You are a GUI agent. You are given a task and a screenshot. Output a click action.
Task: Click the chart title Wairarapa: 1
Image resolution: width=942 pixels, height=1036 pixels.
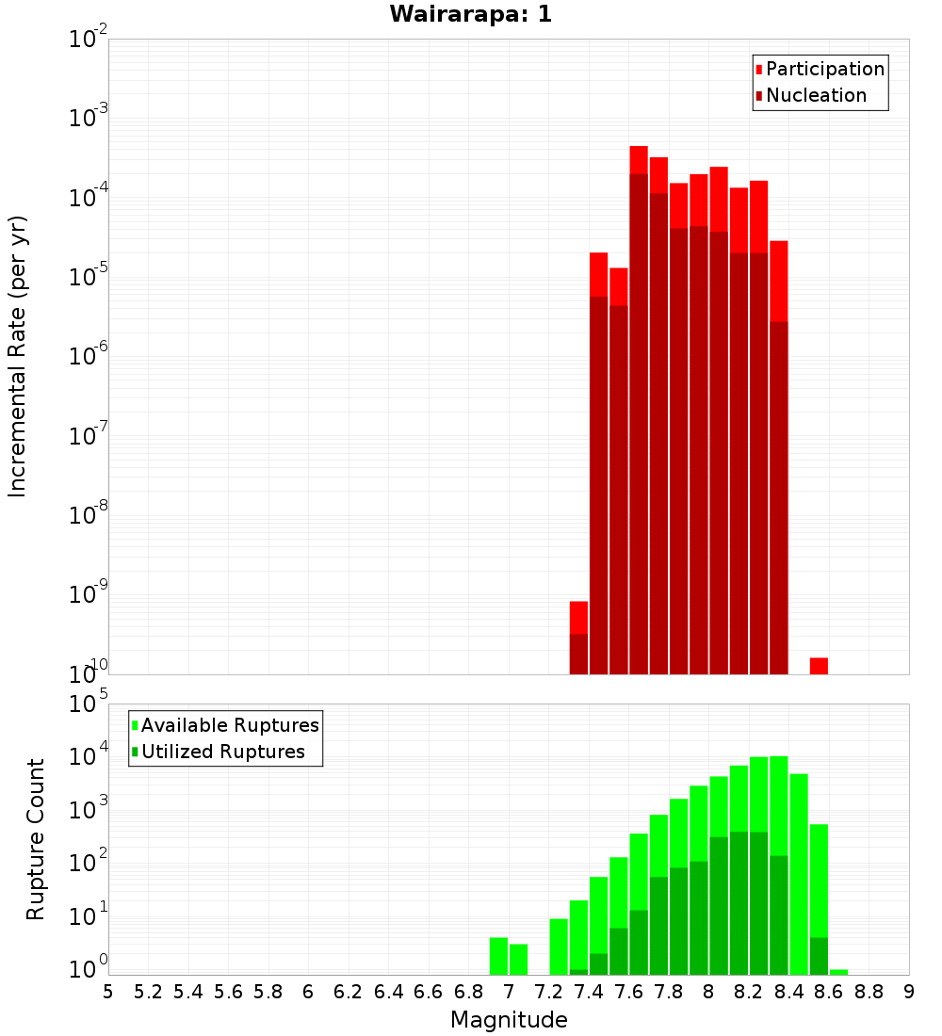click(x=471, y=14)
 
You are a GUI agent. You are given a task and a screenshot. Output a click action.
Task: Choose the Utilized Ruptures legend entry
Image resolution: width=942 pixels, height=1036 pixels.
click(x=222, y=752)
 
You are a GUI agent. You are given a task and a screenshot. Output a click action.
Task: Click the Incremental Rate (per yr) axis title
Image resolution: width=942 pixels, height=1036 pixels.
click(x=18, y=356)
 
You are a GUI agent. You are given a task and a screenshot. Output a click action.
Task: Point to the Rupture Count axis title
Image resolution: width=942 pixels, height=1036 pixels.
click(x=36, y=838)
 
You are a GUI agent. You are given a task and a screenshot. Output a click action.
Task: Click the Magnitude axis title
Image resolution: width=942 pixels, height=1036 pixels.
click(x=509, y=1019)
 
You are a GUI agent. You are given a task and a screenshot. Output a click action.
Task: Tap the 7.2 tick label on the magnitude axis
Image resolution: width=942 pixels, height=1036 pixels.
click(x=548, y=992)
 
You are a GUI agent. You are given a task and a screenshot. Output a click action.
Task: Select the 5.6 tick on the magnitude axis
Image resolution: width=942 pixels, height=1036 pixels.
click(x=228, y=992)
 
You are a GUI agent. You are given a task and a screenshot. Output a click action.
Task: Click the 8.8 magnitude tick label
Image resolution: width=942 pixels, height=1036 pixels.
click(x=869, y=992)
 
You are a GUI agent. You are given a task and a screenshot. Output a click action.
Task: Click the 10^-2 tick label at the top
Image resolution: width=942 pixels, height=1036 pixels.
click(x=87, y=40)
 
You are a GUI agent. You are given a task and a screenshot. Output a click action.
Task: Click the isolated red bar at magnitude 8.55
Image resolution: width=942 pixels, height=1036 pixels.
click(x=819, y=666)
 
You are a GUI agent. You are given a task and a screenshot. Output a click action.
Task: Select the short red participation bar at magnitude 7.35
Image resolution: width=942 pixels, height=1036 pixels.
click(x=578, y=618)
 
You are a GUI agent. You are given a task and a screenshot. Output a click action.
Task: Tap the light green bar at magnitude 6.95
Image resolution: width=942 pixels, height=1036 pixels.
click(x=498, y=956)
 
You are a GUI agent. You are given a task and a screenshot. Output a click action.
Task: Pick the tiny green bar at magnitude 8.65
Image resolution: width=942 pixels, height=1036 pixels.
click(x=838, y=972)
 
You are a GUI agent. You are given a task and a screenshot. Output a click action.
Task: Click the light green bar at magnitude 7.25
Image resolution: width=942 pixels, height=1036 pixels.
click(x=559, y=947)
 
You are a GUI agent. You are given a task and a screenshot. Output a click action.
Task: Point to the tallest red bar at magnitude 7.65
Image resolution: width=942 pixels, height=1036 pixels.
click(x=639, y=160)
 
